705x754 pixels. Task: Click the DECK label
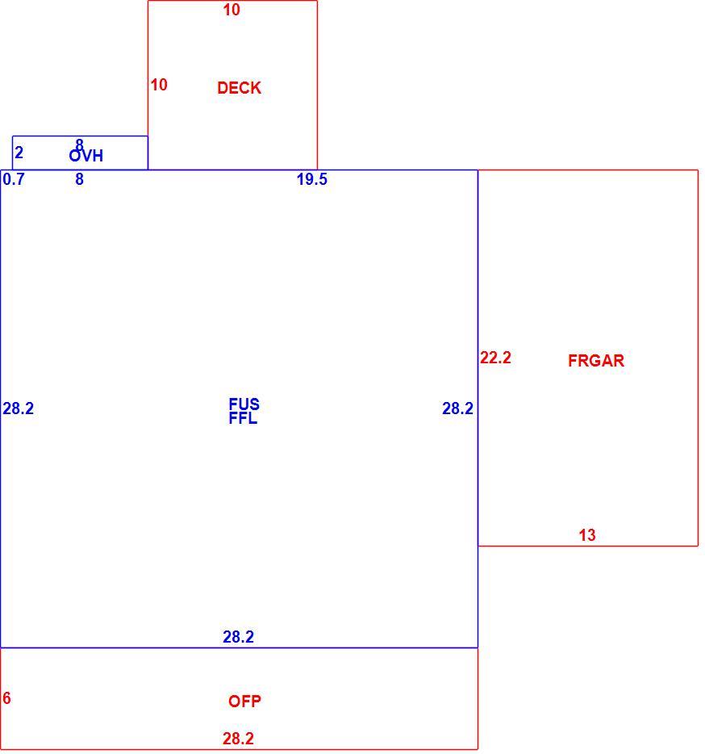pyautogui.click(x=239, y=88)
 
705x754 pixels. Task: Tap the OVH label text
pyautogui.click(x=86, y=156)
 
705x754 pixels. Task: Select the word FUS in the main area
pyautogui.click(x=244, y=404)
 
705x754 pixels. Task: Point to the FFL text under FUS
pyautogui.click(x=243, y=418)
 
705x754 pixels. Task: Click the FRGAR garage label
pyautogui.click(x=596, y=361)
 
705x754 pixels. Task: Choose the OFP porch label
pyautogui.click(x=244, y=702)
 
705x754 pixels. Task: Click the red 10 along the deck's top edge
pyautogui.click(x=232, y=10)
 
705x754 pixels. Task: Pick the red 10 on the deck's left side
pyautogui.click(x=159, y=85)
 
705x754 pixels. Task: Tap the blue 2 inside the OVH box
pyautogui.click(x=19, y=153)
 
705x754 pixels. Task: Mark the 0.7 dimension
pyautogui.click(x=14, y=179)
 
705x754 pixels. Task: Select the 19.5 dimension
pyautogui.click(x=312, y=179)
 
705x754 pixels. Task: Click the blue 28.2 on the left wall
pyautogui.click(x=19, y=408)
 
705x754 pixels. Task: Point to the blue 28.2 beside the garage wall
pyautogui.click(x=457, y=408)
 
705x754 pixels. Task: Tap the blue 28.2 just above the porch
pyautogui.click(x=238, y=637)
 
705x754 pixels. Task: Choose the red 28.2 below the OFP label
pyautogui.click(x=238, y=739)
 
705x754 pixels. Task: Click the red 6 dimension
pyautogui.click(x=6, y=698)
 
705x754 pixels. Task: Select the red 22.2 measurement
pyautogui.click(x=495, y=358)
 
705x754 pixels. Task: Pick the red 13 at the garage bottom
pyautogui.click(x=586, y=535)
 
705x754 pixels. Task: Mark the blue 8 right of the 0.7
pyautogui.click(x=79, y=179)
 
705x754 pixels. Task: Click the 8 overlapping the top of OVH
pyautogui.click(x=79, y=144)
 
